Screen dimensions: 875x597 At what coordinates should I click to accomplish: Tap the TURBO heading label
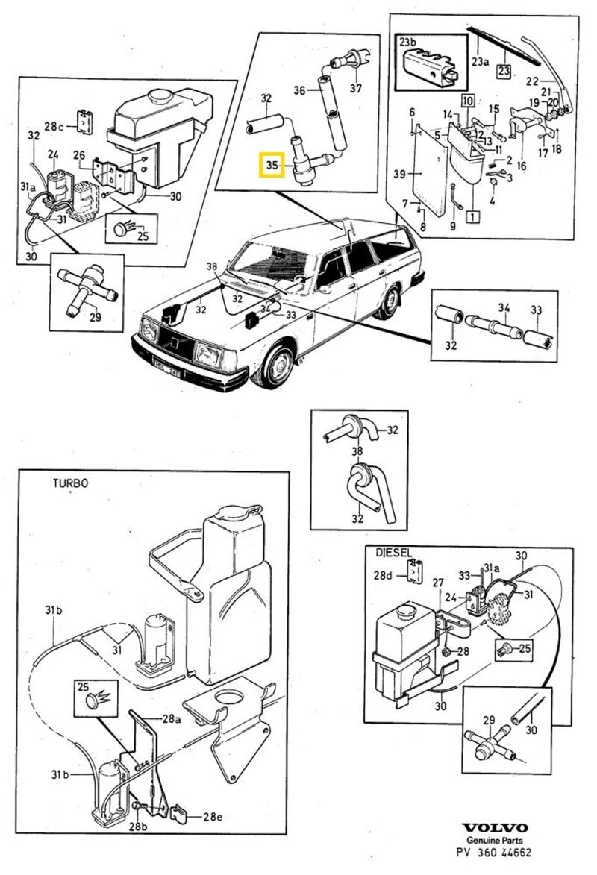tap(70, 483)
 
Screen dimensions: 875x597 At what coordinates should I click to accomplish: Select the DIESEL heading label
tap(393, 553)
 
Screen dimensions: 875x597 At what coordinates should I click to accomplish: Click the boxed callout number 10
tap(467, 98)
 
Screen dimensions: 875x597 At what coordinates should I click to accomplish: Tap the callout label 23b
tap(410, 42)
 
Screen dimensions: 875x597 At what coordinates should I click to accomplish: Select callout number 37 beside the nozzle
tap(355, 89)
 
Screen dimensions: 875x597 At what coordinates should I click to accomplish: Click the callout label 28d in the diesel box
tap(383, 575)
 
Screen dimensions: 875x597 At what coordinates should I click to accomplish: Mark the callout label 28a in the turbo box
tap(172, 719)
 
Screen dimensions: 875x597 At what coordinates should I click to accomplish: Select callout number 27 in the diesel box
tap(438, 583)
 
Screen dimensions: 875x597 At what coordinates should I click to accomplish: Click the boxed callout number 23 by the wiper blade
tap(504, 72)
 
